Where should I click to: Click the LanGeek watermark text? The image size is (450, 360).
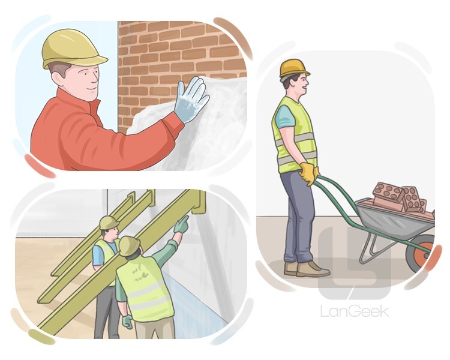point(355,311)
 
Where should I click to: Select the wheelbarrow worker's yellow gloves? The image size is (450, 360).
point(308,173)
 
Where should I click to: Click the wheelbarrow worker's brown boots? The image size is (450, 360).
point(305,269)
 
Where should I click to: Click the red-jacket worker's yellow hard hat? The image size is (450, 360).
point(73,48)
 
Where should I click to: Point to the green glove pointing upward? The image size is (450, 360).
point(181,225)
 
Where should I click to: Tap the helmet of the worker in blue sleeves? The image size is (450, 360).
point(109,223)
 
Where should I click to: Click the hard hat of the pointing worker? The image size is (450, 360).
point(130,246)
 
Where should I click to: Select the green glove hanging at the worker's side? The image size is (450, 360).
point(127,322)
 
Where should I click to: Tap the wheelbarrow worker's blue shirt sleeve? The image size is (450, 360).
point(284,116)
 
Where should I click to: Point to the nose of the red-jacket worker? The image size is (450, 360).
point(97,77)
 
